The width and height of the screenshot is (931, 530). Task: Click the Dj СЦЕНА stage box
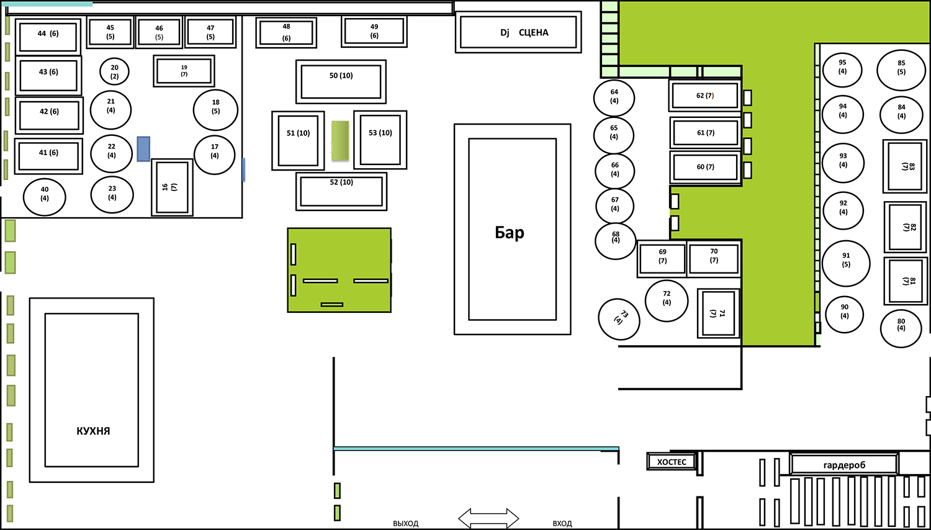(x=518, y=32)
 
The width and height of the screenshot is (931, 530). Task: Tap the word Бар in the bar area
(x=509, y=232)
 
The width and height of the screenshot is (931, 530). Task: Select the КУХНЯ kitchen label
(x=93, y=431)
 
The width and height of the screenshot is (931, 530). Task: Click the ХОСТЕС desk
(x=671, y=461)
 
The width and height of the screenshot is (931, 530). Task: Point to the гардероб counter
(x=844, y=464)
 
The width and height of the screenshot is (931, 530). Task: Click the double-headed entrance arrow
(x=488, y=518)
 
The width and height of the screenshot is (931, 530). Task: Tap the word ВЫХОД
(x=406, y=523)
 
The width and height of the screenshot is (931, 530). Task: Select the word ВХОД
(x=562, y=523)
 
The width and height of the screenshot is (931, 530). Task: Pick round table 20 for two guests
(x=114, y=71)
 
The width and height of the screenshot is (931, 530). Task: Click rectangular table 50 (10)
(x=341, y=81)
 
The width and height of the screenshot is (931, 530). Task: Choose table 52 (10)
(x=341, y=191)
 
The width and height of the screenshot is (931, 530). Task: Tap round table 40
(x=45, y=197)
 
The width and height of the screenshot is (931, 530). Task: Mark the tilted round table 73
(x=619, y=319)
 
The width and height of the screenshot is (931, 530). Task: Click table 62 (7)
(x=705, y=96)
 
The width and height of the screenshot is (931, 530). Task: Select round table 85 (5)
(x=901, y=70)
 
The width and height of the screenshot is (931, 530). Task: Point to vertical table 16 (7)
(x=172, y=187)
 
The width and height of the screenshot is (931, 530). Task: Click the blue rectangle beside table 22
(x=143, y=149)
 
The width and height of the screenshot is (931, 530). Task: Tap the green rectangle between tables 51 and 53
(x=340, y=140)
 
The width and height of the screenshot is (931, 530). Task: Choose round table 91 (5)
(x=846, y=264)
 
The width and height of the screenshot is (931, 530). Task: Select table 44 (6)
(x=48, y=37)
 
